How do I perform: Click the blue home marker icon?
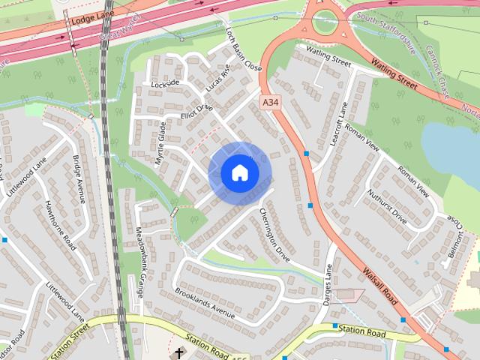point(239,172)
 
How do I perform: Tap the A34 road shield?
point(271,101)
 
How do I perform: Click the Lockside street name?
point(166,82)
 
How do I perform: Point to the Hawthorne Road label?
point(59,225)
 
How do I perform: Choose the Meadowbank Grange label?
point(139,262)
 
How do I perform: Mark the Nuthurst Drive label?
point(387,207)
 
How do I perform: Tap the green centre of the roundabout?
point(327,22)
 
